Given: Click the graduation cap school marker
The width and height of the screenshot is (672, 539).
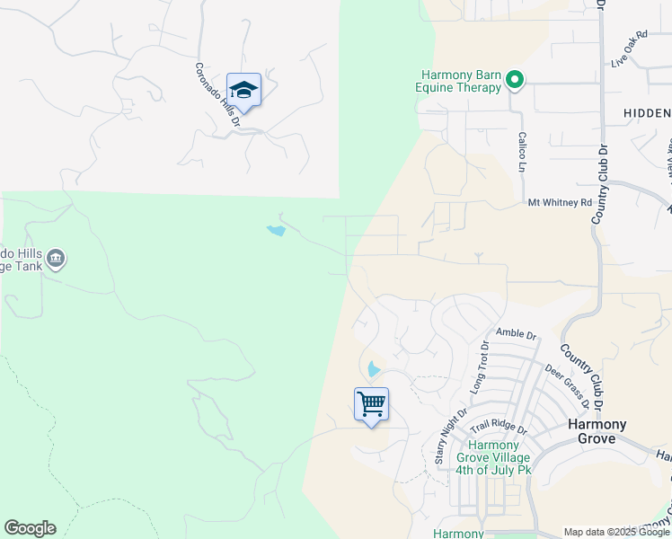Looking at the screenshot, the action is [x=243, y=91].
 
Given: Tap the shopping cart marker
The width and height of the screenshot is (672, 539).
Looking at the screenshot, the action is [x=371, y=405].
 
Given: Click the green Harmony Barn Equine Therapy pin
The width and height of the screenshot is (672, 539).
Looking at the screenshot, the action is [x=515, y=82].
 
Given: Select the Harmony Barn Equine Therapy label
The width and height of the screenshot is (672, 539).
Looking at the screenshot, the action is [x=462, y=81].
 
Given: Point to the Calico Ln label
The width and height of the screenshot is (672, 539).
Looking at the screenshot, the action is [x=521, y=152].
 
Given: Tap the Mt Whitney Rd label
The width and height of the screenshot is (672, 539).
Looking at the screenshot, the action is [x=560, y=203].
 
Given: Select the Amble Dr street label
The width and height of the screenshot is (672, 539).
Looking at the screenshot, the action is [x=516, y=334].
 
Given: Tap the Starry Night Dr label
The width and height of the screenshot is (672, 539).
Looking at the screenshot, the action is [x=450, y=436].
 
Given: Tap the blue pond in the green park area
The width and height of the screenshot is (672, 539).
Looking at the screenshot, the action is [x=276, y=231].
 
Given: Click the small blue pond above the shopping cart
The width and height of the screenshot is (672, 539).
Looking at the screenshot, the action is [x=374, y=368].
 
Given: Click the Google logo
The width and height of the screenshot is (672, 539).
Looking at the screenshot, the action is [x=30, y=528].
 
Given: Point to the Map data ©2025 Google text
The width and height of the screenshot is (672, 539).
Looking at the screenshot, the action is [x=617, y=532].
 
